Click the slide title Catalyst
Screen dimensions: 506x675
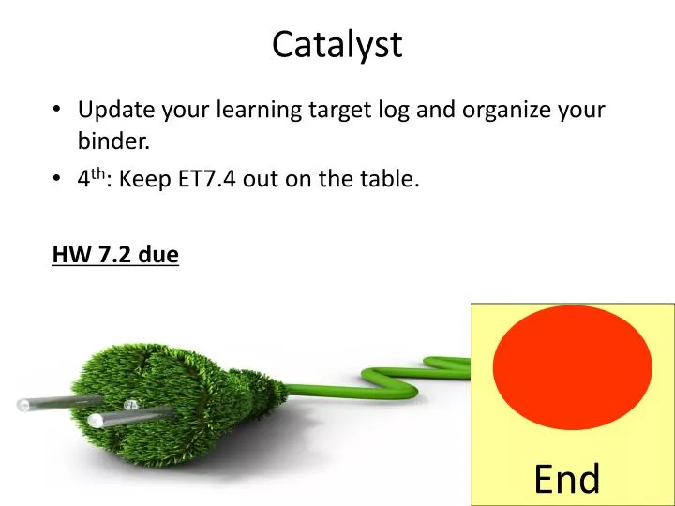[x=337, y=44]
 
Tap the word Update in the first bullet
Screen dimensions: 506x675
[x=115, y=110]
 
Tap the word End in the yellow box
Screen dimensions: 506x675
[x=566, y=479]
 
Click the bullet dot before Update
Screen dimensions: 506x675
[x=58, y=111]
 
